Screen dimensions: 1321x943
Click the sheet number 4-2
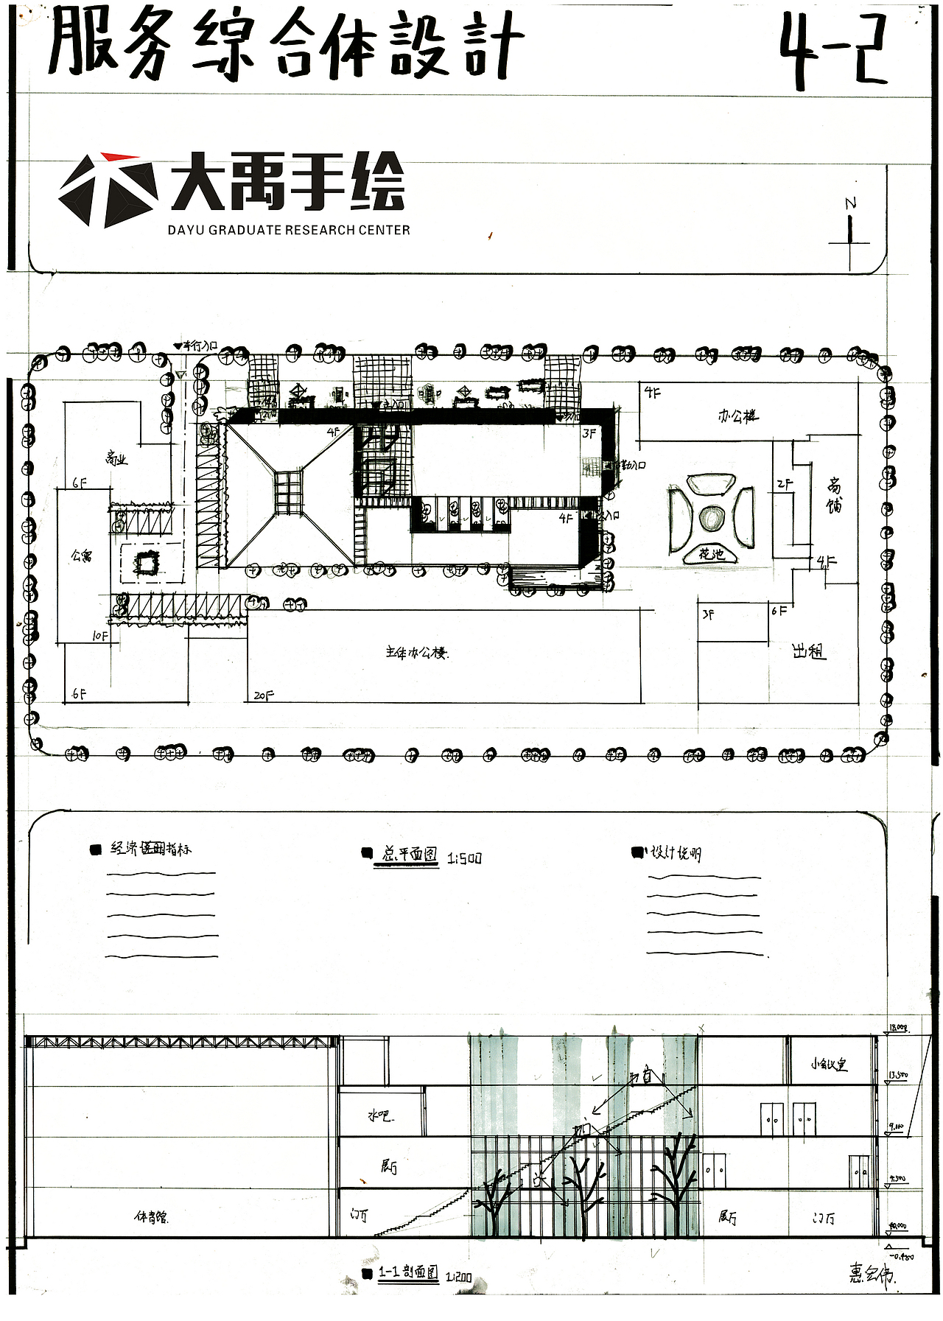click(x=832, y=52)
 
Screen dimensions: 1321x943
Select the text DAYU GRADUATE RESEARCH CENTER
click(x=289, y=230)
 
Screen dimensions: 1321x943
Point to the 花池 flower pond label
click(x=711, y=554)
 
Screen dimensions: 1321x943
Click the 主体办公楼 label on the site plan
click(x=417, y=653)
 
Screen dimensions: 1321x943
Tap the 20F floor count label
click(x=263, y=695)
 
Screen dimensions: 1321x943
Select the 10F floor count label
click(x=100, y=635)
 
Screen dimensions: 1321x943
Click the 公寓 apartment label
click(x=81, y=556)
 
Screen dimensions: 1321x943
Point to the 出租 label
click(x=808, y=651)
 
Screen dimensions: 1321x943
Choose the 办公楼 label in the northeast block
click(x=738, y=416)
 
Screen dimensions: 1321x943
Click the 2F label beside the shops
click(x=784, y=484)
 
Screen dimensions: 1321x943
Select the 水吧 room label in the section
click(x=380, y=1116)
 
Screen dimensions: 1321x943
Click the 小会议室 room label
click(x=829, y=1065)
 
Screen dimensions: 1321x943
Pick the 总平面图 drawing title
click(x=410, y=855)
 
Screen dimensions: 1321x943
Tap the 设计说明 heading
click(x=676, y=853)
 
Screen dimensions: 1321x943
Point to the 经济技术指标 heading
click(x=151, y=849)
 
